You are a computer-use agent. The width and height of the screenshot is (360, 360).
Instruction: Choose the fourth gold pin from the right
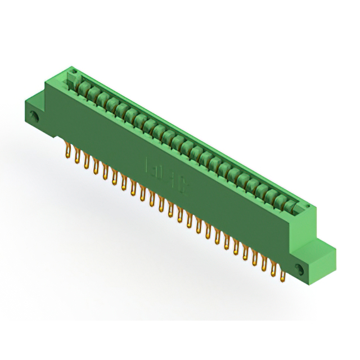pyautogui.click(x=255, y=258)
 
